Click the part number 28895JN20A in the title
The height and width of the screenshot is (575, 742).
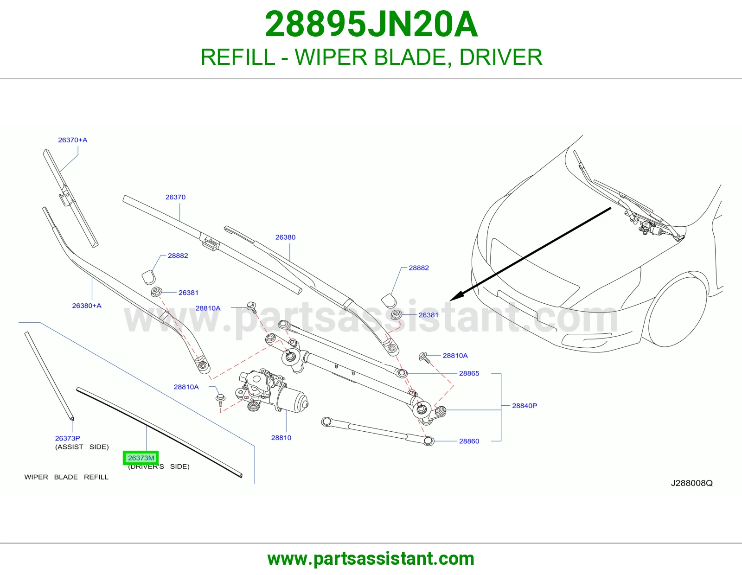point(371,24)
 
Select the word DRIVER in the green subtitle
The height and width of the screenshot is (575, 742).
point(500,57)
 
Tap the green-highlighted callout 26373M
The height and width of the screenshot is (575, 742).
point(141,458)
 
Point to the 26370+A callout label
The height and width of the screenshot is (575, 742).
point(73,140)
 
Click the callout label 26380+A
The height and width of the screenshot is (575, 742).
point(87,306)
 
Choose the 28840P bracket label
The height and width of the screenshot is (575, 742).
point(525,406)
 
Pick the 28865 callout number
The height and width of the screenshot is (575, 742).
point(469,373)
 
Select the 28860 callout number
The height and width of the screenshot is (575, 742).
point(469,441)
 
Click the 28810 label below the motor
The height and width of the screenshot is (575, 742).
point(281,438)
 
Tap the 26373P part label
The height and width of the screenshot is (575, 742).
point(68,438)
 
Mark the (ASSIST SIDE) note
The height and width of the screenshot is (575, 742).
point(82,447)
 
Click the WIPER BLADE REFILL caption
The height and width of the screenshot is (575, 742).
point(66,477)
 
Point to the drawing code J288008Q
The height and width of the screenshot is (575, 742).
point(692,483)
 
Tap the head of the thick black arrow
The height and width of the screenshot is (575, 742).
point(456,296)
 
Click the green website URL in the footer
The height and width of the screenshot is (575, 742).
point(371,559)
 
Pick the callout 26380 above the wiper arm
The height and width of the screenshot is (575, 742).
point(286,237)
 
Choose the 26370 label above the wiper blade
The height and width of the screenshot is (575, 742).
point(175,197)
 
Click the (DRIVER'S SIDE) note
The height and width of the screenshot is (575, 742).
point(159,466)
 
